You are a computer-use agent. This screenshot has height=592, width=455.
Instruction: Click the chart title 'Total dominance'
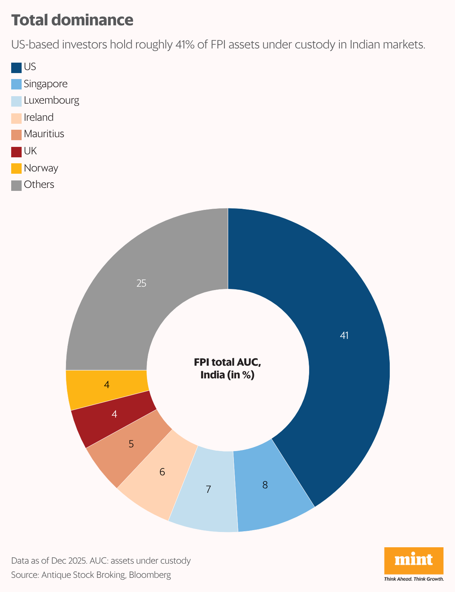(72, 20)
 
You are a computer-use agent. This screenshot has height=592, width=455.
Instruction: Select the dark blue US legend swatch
(16, 67)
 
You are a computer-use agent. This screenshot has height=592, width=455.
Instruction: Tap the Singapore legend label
(45, 84)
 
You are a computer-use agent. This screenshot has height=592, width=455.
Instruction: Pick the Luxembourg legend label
(51, 101)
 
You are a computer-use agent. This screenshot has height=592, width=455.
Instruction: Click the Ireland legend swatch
(16, 118)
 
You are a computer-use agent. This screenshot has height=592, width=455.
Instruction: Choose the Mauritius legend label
(44, 134)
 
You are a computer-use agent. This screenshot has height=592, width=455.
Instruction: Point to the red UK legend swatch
(16, 151)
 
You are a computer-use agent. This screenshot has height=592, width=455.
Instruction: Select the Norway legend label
(41, 168)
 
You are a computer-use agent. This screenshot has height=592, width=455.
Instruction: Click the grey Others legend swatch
(16, 185)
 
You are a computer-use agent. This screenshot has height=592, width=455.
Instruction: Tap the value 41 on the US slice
(344, 336)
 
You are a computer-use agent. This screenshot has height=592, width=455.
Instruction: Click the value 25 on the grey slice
(141, 283)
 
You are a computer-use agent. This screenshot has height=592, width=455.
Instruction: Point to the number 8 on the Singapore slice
(265, 485)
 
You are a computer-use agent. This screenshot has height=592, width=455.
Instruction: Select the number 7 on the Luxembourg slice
(208, 489)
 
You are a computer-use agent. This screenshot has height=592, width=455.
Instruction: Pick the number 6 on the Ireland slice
(162, 472)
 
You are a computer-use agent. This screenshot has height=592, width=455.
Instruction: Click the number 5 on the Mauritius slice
(131, 444)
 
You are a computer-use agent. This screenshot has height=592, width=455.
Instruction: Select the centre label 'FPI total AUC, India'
(228, 368)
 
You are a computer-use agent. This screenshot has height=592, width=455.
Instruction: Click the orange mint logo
(414, 560)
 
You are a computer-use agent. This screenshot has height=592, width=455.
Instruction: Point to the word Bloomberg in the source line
(150, 575)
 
